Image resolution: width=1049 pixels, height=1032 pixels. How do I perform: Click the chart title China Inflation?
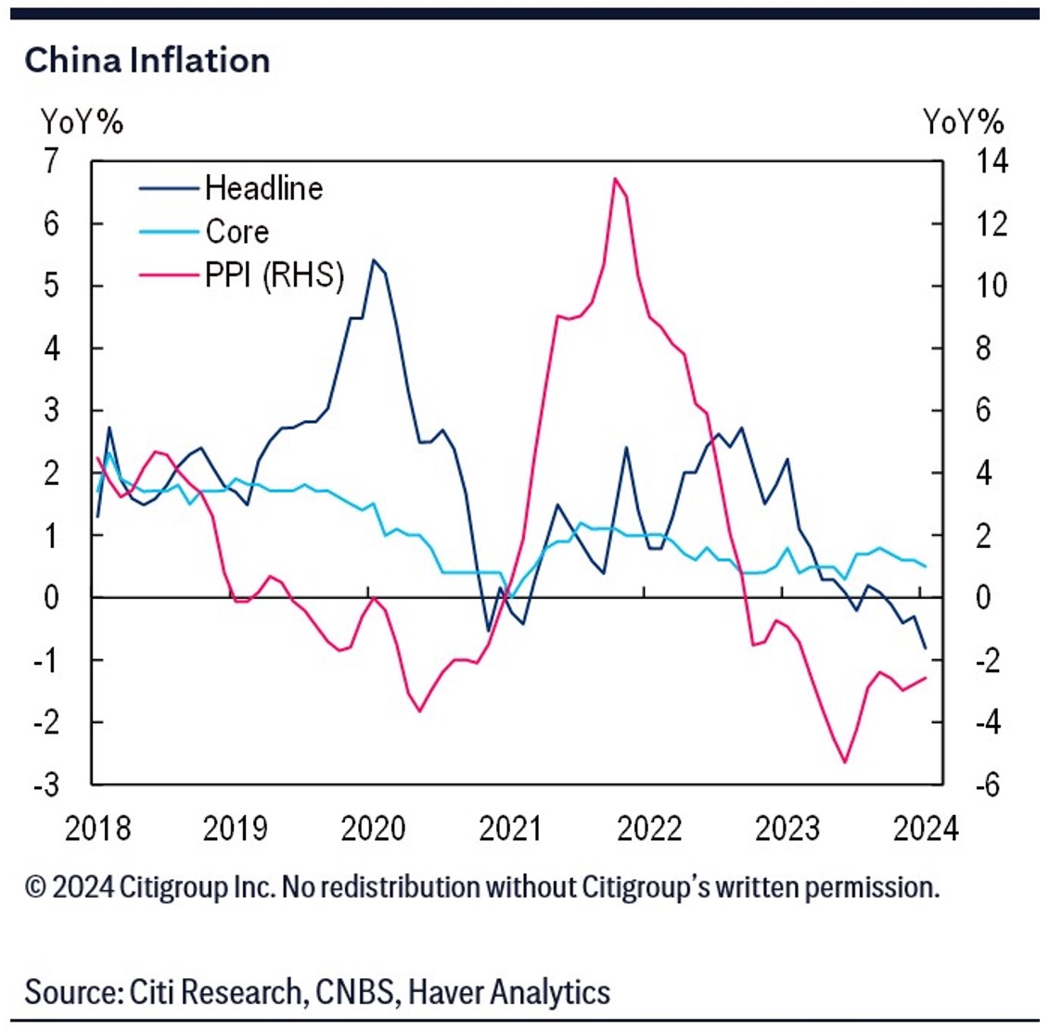click(x=147, y=60)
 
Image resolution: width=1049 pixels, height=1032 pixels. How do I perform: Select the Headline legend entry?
click(x=263, y=188)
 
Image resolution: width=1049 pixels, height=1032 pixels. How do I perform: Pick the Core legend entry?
click(x=237, y=231)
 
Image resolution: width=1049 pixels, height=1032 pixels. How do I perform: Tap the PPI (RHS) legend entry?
click(x=275, y=274)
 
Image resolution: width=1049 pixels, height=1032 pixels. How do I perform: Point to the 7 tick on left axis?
click(x=51, y=161)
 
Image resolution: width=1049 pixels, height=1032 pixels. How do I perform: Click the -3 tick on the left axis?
click(x=45, y=784)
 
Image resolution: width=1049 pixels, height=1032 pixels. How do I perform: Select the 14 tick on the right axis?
click(x=988, y=161)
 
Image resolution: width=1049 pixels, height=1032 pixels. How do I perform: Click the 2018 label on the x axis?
click(x=97, y=828)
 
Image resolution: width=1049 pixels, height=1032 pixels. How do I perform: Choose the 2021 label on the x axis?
click(x=511, y=828)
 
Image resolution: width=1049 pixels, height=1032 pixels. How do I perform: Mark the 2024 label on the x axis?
click(x=926, y=828)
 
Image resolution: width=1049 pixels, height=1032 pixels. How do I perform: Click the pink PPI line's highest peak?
click(x=615, y=178)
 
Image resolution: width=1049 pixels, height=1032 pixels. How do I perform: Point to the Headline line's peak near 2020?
click(x=373, y=260)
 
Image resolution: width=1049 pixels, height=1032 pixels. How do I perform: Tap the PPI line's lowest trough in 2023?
click(x=845, y=762)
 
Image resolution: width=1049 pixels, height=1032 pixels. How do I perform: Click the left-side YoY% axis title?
click(x=82, y=121)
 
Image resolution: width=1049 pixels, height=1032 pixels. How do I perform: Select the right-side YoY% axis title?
click(x=964, y=121)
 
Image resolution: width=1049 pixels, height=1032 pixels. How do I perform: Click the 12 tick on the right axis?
click(x=988, y=223)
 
